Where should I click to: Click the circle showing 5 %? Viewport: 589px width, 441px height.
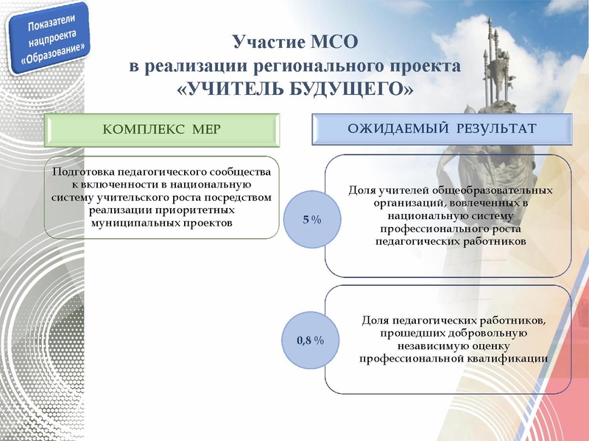(311, 219)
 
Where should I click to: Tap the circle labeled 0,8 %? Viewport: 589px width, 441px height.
(311, 341)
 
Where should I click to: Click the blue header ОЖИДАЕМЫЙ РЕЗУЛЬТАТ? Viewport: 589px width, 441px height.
(441, 129)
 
